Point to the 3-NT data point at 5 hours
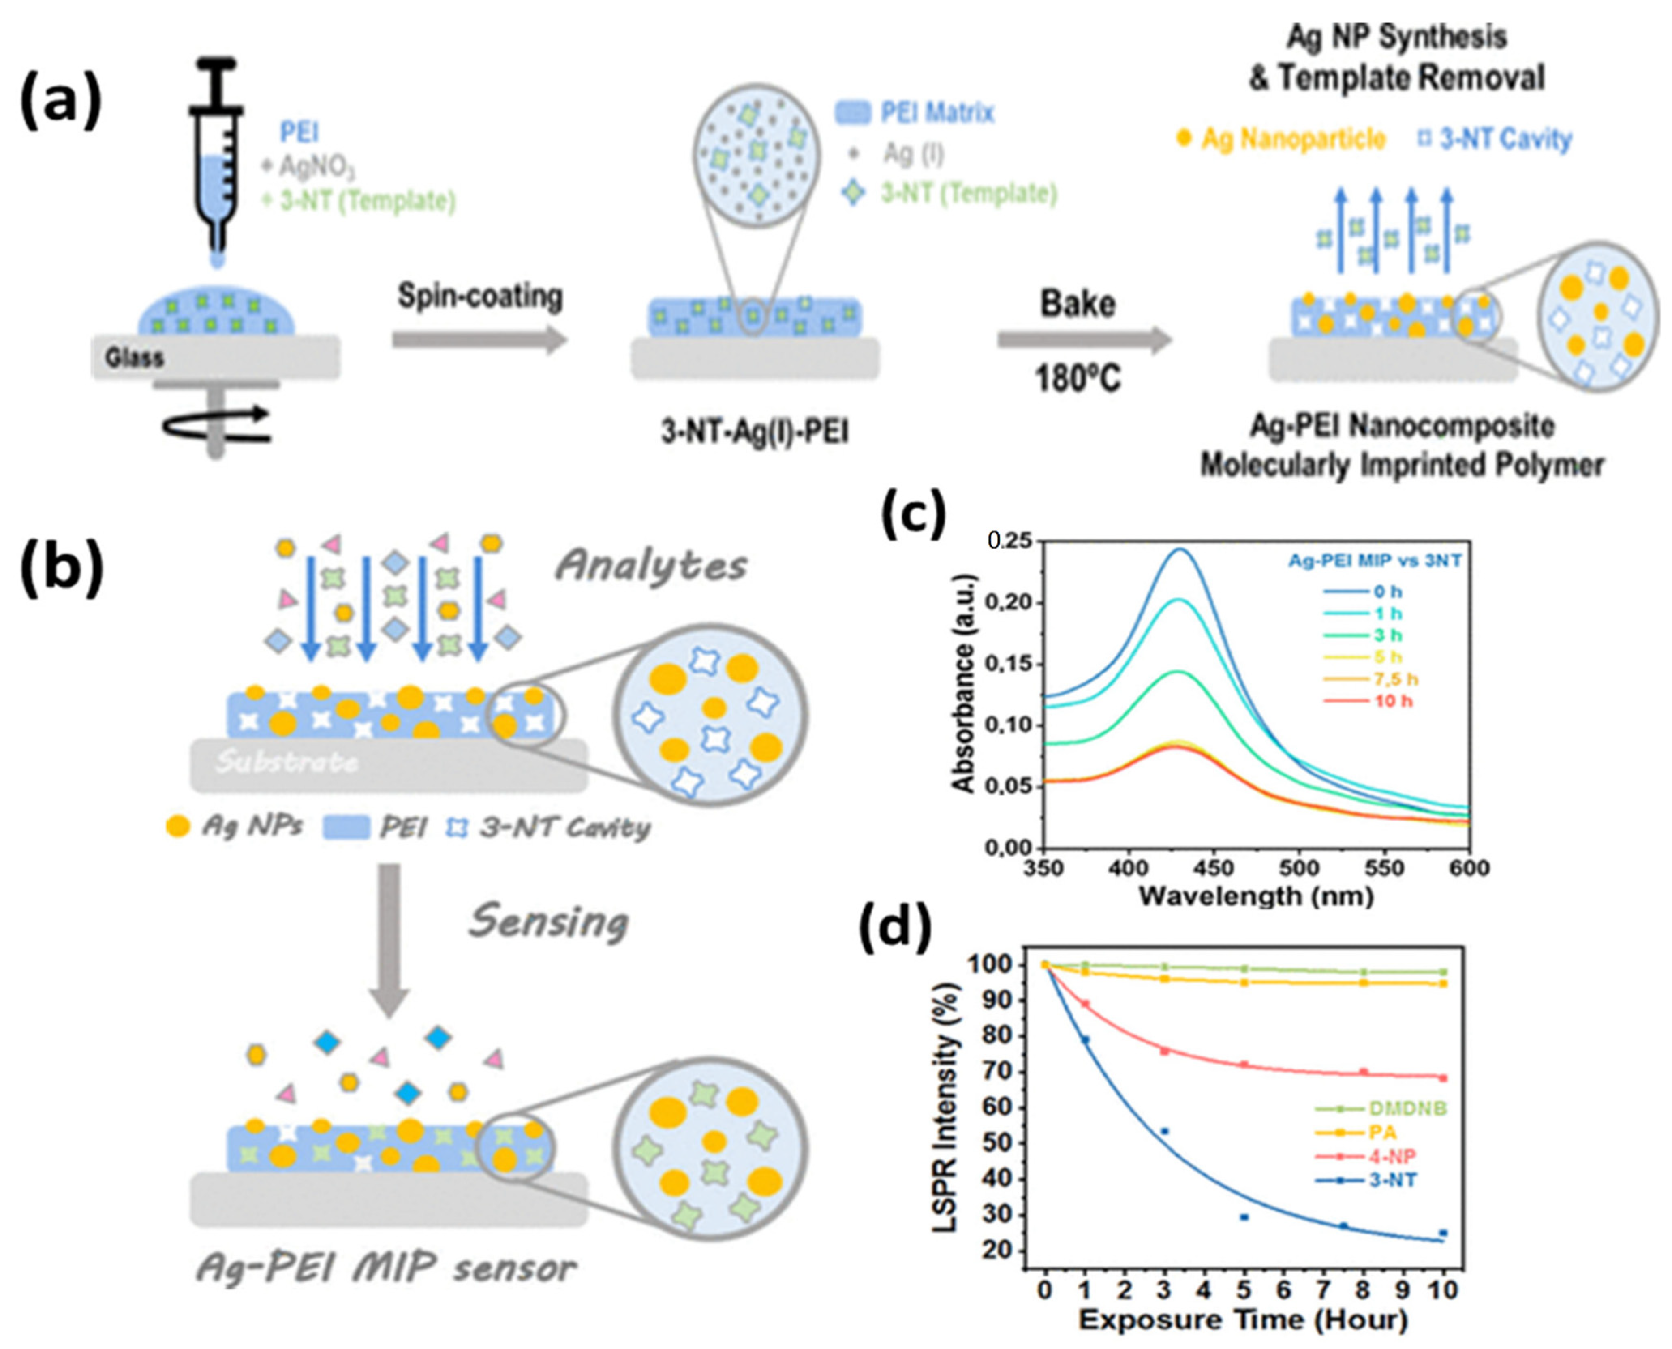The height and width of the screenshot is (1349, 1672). pyautogui.click(x=1244, y=1217)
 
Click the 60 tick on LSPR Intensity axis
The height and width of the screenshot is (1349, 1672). pyautogui.click(x=1009, y=1108)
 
